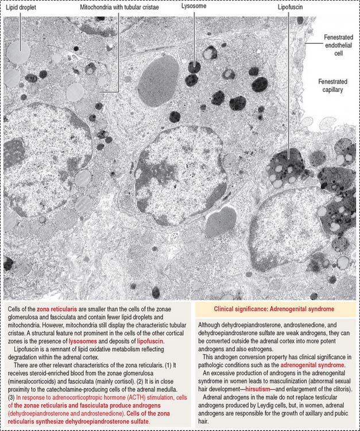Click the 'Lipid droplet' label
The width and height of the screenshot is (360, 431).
point(20,9)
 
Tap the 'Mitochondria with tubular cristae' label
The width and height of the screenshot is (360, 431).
point(119,9)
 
